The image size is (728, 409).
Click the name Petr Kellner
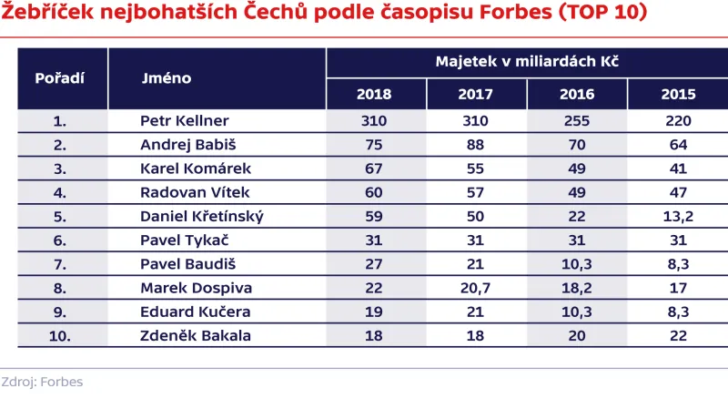pos(184,121)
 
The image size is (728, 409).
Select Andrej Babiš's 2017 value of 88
pos(475,144)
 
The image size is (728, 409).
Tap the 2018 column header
pos(374,95)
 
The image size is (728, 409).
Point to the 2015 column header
pos(677,95)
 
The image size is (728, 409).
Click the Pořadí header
pos(59,78)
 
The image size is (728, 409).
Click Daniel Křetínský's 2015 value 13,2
pos(677,215)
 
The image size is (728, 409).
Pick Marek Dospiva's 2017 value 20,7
pos(475,287)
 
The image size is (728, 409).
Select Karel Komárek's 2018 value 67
pos(374,168)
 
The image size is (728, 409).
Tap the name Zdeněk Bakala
pos(195,334)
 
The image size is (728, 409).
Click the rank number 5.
pos(61,215)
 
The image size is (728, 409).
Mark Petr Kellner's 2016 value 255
pos(576,121)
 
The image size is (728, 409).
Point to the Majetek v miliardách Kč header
pos(527,63)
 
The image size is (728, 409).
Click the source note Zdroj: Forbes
pos(42,382)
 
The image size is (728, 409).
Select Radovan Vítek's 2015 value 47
pos(677,191)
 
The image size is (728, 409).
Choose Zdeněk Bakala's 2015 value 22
pos(677,334)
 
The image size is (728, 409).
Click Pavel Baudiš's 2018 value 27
pos(374,263)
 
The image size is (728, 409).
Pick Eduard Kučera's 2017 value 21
pos(475,311)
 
